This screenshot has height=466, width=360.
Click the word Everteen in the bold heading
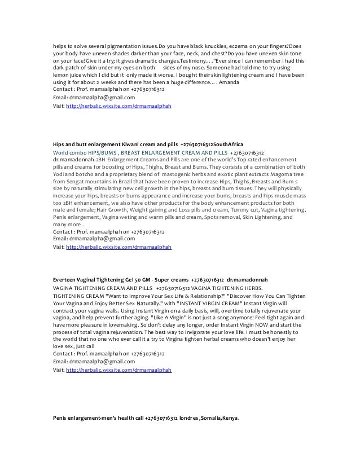coord(64,279)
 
